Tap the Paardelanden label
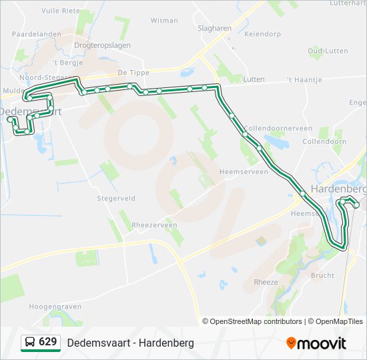click(x=37, y=33)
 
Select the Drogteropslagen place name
click(x=102, y=45)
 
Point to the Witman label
click(x=164, y=21)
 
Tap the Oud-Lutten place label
click(x=328, y=51)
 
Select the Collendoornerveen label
click(x=278, y=128)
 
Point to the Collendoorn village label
click(x=324, y=141)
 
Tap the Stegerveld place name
click(x=116, y=198)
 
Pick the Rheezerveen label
click(x=155, y=225)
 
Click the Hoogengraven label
click(x=55, y=307)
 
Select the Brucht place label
click(x=322, y=275)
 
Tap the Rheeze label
click(x=266, y=282)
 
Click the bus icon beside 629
click(x=30, y=342)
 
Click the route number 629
click(x=47, y=342)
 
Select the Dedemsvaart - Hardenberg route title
click(x=130, y=343)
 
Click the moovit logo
click(x=316, y=343)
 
